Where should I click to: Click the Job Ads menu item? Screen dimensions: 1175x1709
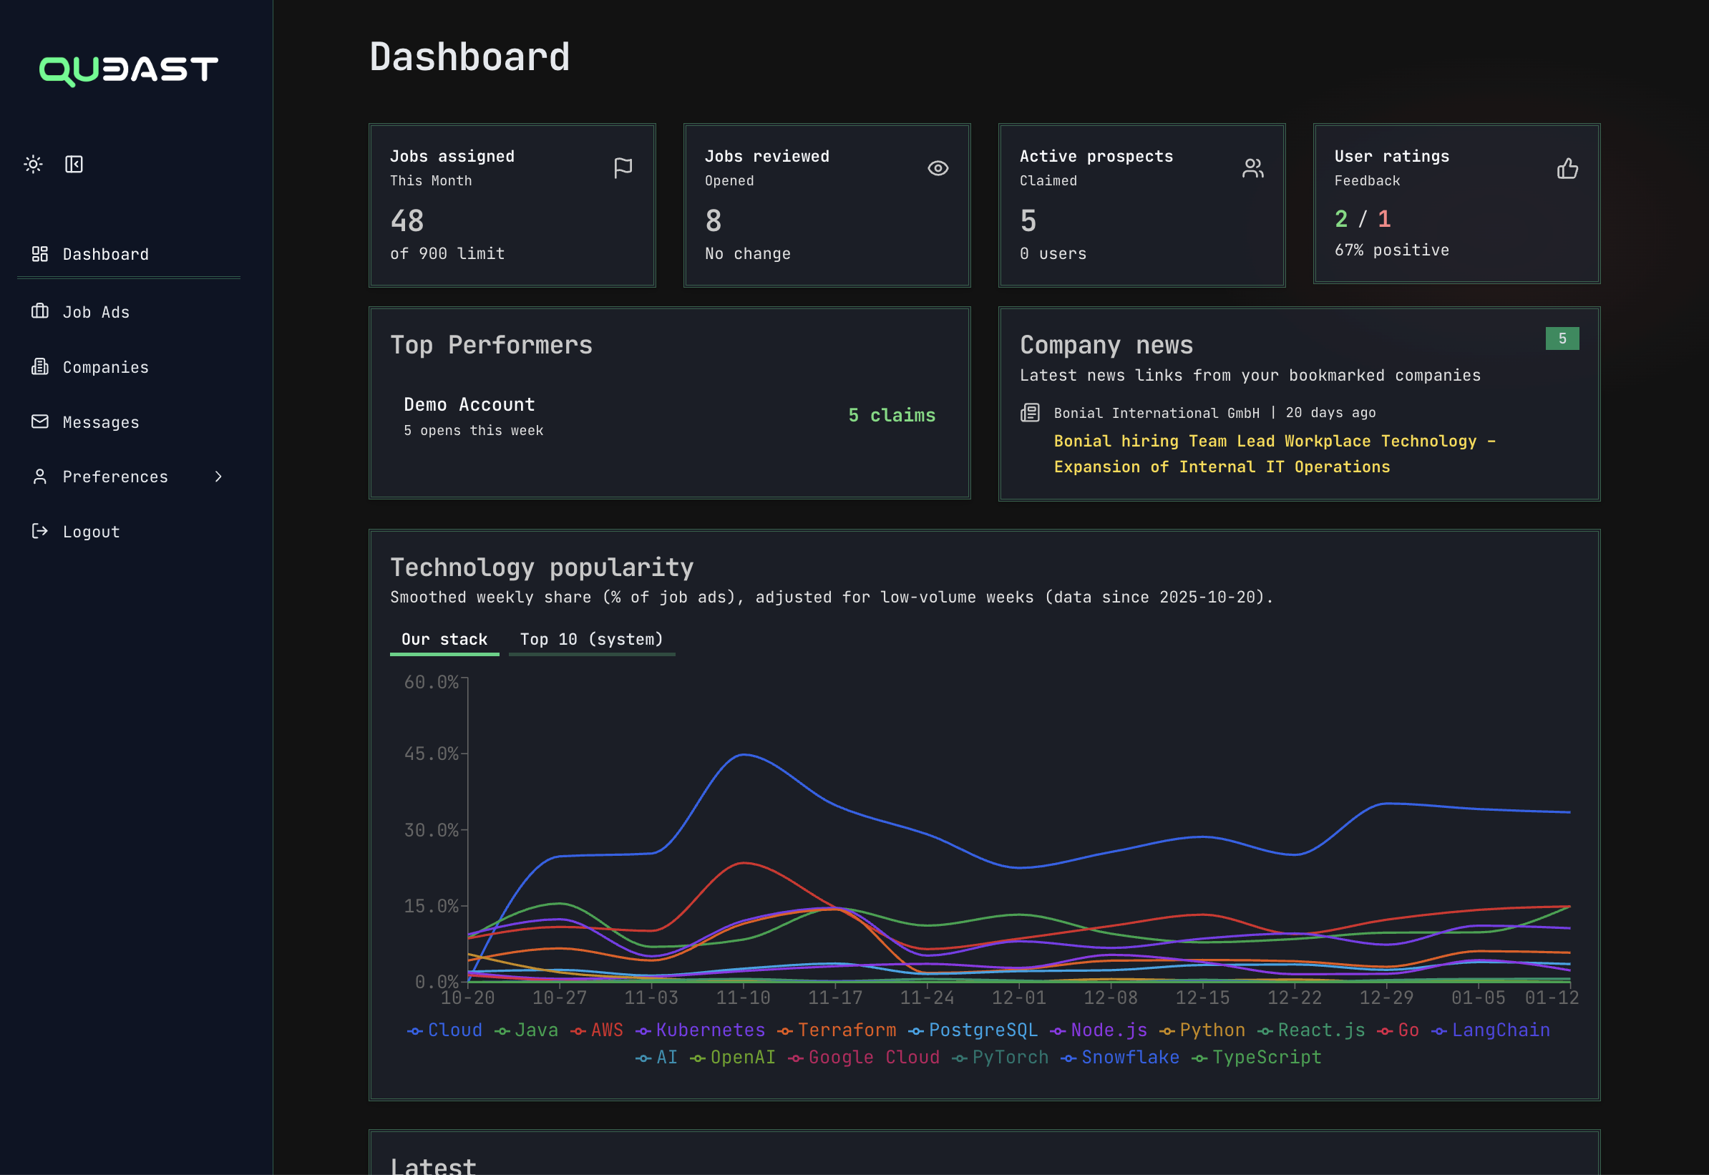[96, 312]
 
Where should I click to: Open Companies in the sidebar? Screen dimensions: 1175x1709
[105, 367]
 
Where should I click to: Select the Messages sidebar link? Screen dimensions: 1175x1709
[100, 423]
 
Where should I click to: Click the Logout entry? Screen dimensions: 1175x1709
[91, 532]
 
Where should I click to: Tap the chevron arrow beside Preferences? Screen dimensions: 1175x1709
[218, 477]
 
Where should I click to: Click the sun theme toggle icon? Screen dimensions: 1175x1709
[33, 164]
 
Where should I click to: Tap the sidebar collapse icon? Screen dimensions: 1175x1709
[74, 164]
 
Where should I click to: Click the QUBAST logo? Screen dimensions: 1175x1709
[129, 70]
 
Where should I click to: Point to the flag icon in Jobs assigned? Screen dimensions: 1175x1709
[623, 169]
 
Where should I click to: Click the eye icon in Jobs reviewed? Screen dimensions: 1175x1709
[938, 169]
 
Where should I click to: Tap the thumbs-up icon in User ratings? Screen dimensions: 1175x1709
[1567, 169]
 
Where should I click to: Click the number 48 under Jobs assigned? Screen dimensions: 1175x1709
[407, 221]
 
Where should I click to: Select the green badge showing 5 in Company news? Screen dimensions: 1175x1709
[1562, 338]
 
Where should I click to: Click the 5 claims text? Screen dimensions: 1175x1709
[891, 415]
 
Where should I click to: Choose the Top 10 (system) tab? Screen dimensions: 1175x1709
[591, 639]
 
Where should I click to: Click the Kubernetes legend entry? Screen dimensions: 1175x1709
[710, 1030]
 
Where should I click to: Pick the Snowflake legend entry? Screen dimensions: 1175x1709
[1129, 1057]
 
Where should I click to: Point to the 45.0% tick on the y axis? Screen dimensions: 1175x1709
[431, 754]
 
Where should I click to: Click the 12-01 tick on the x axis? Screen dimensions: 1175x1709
[1018, 998]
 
